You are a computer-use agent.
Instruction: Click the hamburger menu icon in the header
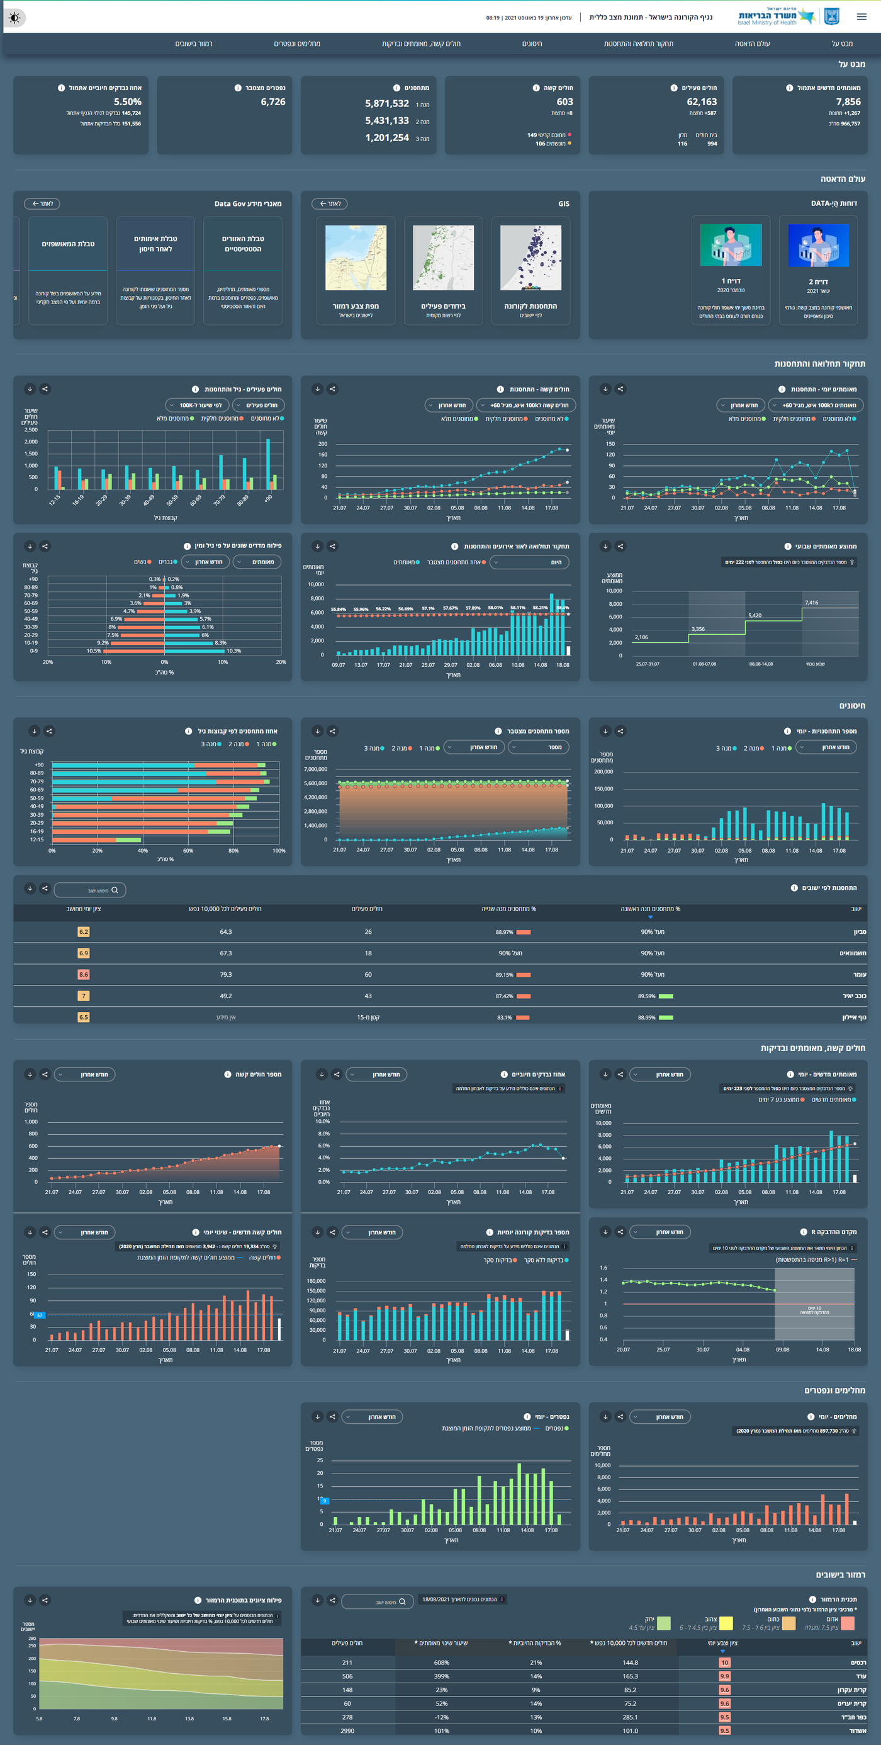tap(861, 17)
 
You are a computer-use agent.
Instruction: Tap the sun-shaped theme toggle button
tap(15, 18)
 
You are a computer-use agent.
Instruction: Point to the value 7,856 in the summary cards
tap(848, 101)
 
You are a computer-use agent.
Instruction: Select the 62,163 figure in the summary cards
tap(702, 101)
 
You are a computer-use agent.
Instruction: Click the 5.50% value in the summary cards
tap(127, 101)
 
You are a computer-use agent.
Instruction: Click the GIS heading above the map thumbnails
tap(563, 204)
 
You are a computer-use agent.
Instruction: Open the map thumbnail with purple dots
tap(530, 258)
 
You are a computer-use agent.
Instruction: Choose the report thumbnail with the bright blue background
tap(818, 246)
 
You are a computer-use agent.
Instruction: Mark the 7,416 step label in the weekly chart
tap(811, 602)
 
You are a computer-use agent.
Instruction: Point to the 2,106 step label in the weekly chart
tap(641, 637)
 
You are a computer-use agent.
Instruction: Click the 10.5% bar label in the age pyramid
tap(94, 651)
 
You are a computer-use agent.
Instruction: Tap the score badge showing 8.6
tap(83, 974)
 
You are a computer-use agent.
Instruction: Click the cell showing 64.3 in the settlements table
tap(225, 932)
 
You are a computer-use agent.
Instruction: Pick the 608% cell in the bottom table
tap(442, 1663)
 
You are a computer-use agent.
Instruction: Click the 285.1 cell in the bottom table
tap(630, 1717)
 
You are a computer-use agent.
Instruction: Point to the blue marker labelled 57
tap(40, 1315)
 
